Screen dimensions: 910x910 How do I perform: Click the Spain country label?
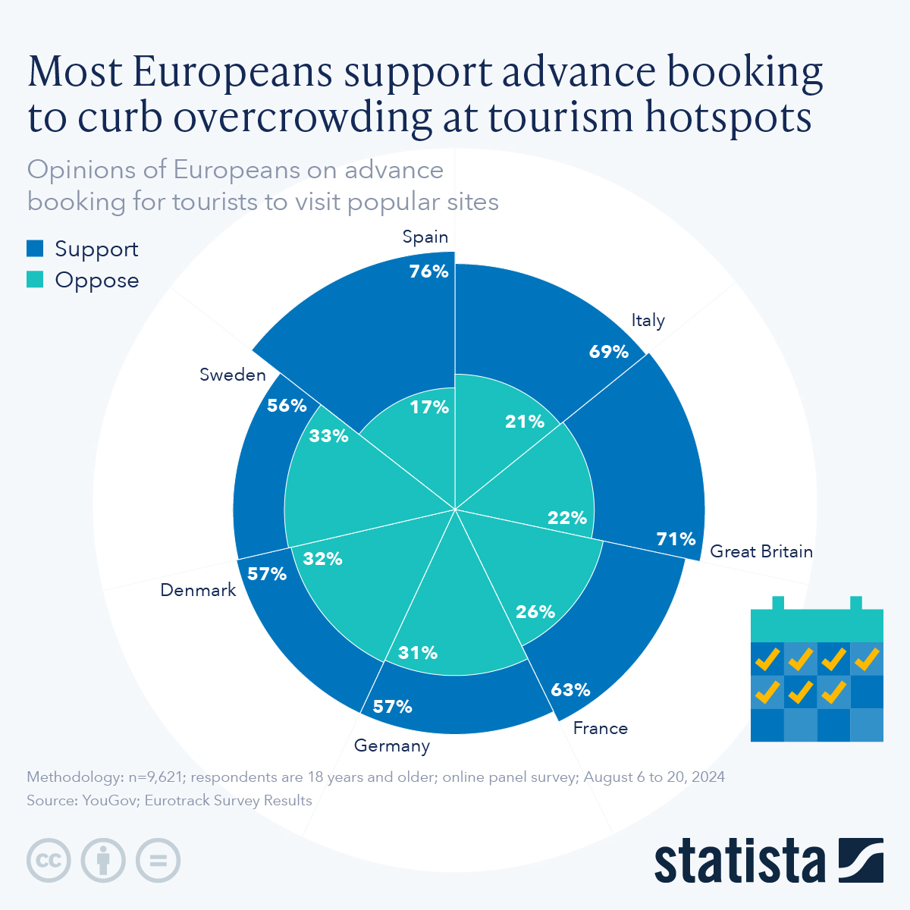click(425, 237)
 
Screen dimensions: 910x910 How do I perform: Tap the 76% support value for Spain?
click(428, 271)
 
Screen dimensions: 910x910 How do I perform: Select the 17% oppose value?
click(429, 407)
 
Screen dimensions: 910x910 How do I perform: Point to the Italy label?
click(648, 320)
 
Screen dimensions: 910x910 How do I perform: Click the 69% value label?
click(608, 351)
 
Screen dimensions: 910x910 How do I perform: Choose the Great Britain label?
click(761, 551)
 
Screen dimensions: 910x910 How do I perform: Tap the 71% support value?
click(676, 538)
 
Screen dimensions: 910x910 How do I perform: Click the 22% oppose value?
click(567, 517)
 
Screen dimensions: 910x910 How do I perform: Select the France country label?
click(600, 728)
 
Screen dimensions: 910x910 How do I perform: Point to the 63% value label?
click(570, 689)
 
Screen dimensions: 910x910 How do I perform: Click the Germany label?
click(391, 745)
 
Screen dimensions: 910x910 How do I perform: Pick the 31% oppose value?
click(418, 652)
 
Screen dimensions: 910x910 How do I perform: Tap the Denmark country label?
click(198, 590)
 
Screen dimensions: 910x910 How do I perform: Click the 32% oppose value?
click(322, 559)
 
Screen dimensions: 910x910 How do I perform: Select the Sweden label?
click(232, 375)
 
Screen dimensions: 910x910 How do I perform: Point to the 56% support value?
click(287, 405)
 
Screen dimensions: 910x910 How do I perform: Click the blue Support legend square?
click(35, 248)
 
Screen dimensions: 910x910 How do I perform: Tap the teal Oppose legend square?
click(35, 279)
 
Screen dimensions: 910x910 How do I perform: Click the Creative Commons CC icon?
click(49, 860)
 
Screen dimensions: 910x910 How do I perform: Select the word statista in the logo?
click(740, 861)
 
